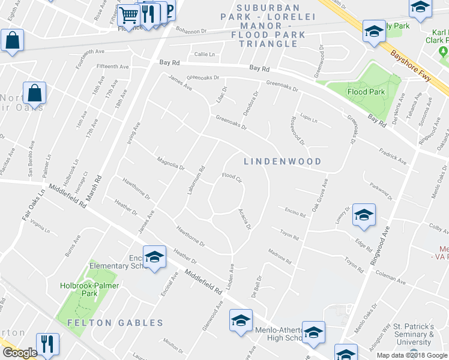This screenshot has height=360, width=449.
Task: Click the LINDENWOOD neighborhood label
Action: click(x=283, y=161)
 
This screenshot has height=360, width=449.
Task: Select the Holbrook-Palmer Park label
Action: click(x=88, y=290)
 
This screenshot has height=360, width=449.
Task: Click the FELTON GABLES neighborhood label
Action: click(x=115, y=323)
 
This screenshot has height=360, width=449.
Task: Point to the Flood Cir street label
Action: click(x=231, y=177)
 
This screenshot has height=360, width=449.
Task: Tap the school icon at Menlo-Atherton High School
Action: click(x=313, y=334)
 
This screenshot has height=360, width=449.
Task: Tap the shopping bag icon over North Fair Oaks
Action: click(x=35, y=93)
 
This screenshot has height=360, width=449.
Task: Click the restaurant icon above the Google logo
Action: click(x=47, y=344)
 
